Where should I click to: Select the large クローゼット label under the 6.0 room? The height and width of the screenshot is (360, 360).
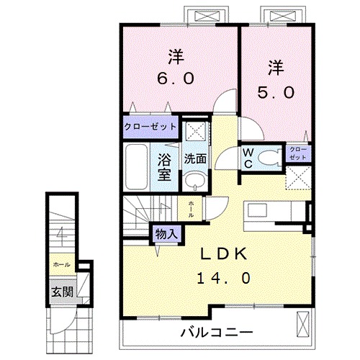pyautogui.click(x=150, y=127)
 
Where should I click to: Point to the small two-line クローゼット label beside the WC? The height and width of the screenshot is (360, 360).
pyautogui.click(x=297, y=153)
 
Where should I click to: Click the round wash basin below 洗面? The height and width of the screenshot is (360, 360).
pyautogui.click(x=192, y=180)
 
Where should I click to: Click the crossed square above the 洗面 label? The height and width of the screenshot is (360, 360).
pyautogui.click(x=193, y=132)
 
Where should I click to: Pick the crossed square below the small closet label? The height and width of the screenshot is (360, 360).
pyautogui.click(x=297, y=176)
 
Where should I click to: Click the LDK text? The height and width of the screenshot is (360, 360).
pyautogui.click(x=224, y=254)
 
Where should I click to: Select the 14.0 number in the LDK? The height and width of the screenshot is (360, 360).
pyautogui.click(x=224, y=276)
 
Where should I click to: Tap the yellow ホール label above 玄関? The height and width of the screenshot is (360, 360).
pyautogui.click(x=60, y=264)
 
